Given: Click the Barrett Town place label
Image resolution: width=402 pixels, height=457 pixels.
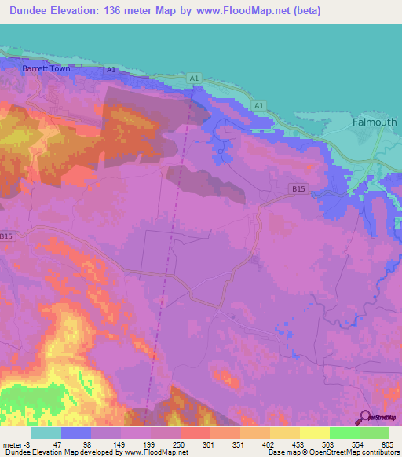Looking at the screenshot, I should click(46, 69).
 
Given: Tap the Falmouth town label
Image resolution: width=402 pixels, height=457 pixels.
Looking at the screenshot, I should click(375, 122).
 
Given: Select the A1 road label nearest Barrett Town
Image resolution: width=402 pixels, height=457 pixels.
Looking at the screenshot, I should click(111, 70).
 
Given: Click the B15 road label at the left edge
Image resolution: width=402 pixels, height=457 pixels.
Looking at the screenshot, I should click(7, 236).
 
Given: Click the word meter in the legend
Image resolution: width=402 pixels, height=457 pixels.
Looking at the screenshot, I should click(13, 444).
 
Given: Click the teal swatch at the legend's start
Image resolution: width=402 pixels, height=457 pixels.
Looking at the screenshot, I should click(46, 433).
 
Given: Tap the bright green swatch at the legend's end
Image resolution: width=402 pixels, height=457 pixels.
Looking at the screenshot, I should click(375, 433).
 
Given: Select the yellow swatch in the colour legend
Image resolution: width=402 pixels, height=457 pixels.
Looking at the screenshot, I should click(314, 433).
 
